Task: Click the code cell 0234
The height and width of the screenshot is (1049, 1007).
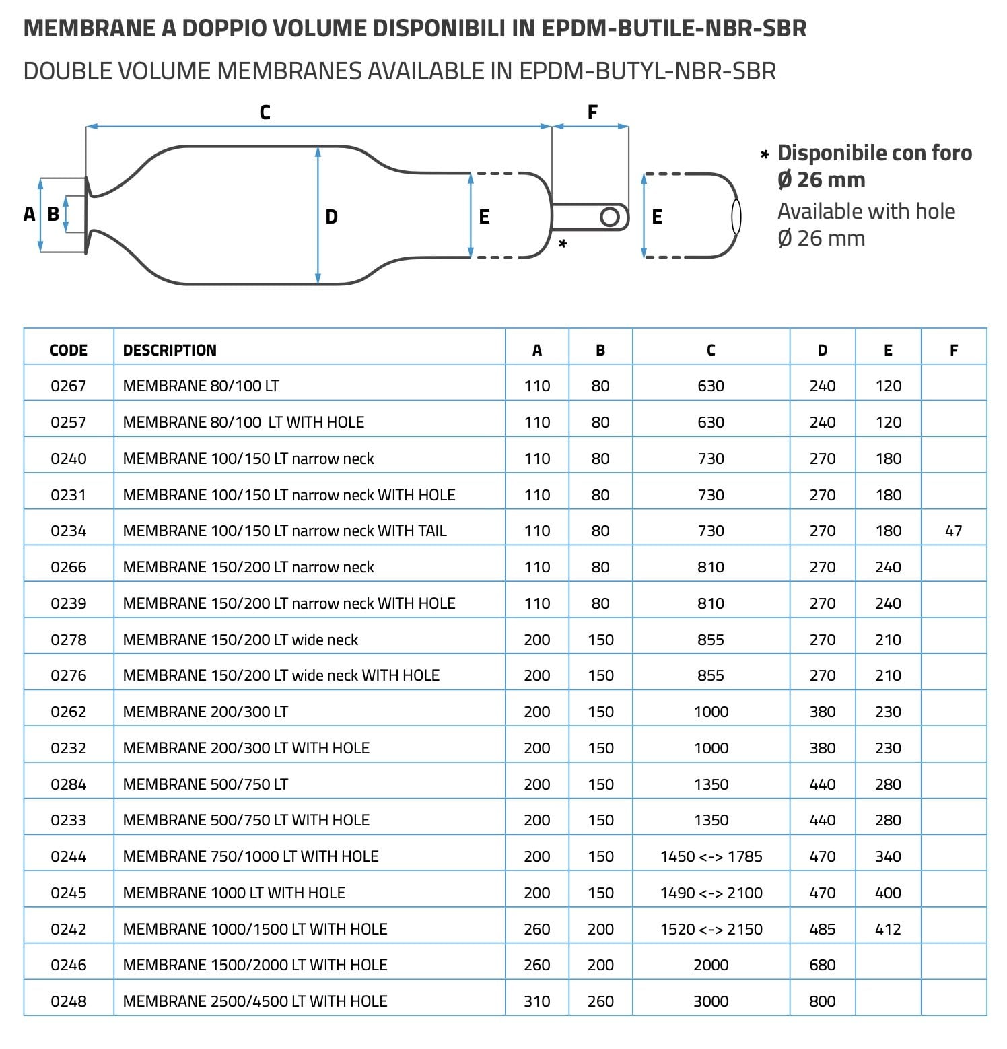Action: pos(69,531)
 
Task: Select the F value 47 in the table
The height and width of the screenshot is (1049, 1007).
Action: pos(953,531)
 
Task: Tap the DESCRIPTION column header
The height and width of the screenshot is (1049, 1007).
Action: pos(170,350)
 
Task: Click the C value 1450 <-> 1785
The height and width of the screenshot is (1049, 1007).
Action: pos(711,856)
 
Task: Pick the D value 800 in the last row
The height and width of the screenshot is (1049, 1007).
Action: pos(822,1001)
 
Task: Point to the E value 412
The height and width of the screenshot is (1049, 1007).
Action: pos(888,929)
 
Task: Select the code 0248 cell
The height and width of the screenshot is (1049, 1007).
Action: pos(69,1001)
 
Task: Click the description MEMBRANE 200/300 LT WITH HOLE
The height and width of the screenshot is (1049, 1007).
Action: pos(246,748)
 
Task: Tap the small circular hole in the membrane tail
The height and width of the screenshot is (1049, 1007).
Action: pos(610,217)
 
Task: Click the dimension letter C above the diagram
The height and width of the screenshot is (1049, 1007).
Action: pos(265,112)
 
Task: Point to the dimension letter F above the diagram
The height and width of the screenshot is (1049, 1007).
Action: pos(592,112)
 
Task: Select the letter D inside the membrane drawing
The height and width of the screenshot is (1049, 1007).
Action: pos(331,217)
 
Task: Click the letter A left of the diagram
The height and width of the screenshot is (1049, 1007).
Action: pos(29,214)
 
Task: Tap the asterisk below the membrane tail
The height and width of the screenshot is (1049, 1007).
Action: pos(563,243)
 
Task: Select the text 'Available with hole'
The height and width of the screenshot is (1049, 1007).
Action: pos(866,211)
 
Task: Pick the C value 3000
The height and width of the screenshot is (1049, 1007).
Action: pos(711,1001)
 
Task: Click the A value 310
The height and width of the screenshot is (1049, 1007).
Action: pos(536,1001)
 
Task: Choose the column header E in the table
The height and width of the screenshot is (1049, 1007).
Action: pos(888,350)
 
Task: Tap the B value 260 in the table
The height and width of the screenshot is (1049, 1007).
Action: pos(600,1001)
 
